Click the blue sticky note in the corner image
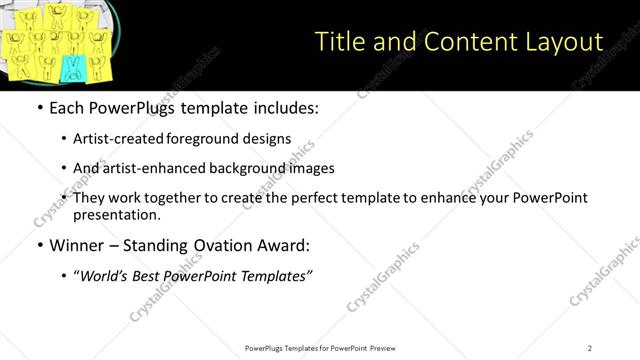[71, 67]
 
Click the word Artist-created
[135, 139]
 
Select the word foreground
[218, 139]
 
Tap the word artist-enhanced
[164, 168]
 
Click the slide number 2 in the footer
[590, 348]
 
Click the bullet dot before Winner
[38, 246]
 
